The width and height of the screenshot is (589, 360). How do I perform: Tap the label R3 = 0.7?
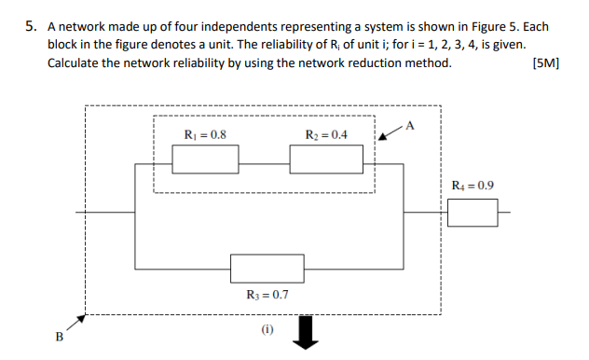pyautogui.click(x=267, y=295)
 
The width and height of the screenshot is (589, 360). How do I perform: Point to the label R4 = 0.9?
pyautogui.click(x=473, y=185)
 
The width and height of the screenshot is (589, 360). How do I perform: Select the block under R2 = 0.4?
pyautogui.click(x=325, y=159)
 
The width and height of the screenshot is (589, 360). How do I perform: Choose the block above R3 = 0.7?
pyautogui.click(x=267, y=268)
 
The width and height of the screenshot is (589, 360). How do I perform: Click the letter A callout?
pyautogui.click(x=411, y=126)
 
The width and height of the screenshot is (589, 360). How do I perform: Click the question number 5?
pyautogui.click(x=30, y=26)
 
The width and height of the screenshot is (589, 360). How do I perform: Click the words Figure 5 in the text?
pyautogui.click(x=476, y=26)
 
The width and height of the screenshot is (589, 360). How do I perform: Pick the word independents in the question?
pyautogui.click(x=239, y=26)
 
